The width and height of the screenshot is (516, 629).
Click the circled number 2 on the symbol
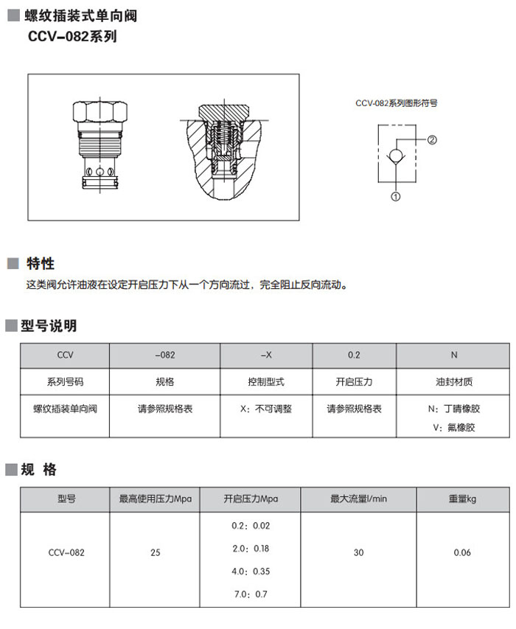point(433,139)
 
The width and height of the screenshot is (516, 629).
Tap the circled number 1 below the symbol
point(396,196)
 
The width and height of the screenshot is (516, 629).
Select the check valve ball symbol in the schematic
point(397,156)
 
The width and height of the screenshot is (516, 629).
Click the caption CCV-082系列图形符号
point(396,104)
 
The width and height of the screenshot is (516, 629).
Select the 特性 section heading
point(41,264)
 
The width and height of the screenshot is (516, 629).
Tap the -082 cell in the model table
point(165,355)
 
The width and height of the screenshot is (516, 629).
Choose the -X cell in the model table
point(266,355)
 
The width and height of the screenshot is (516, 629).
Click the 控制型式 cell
point(266,382)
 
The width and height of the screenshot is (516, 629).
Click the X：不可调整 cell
point(266,408)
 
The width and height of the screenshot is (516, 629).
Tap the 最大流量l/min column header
point(358,498)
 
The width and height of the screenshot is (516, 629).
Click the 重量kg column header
point(462,498)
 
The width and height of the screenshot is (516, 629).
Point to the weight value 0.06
point(462,552)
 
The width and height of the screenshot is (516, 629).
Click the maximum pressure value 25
point(156,552)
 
